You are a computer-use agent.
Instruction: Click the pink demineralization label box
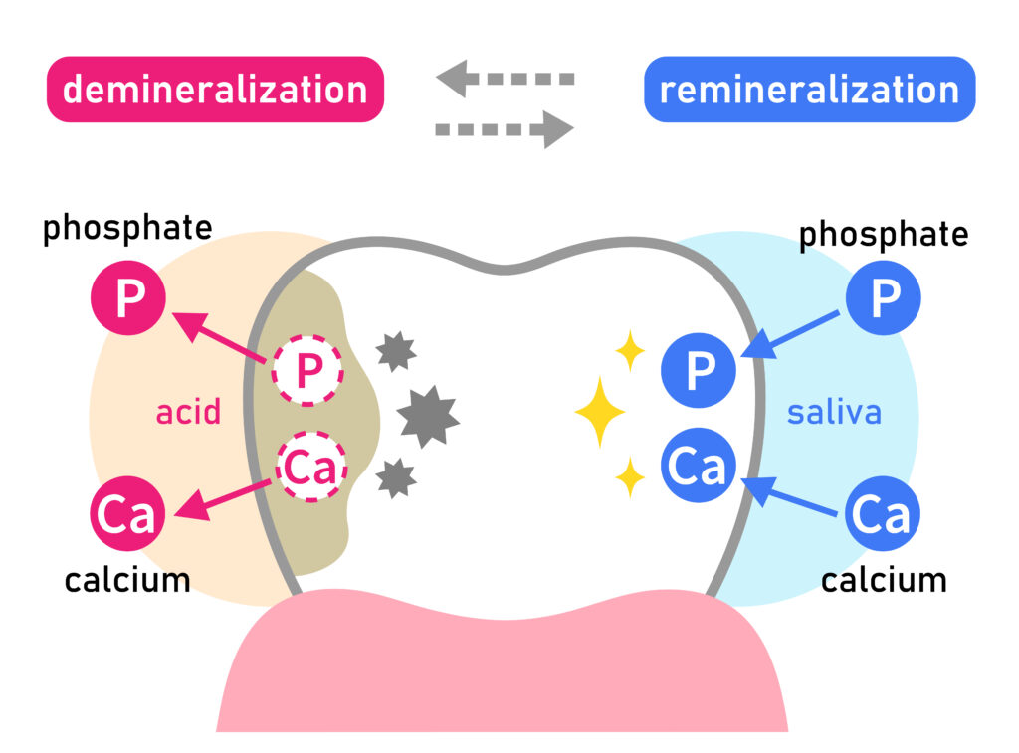pyautogui.click(x=215, y=90)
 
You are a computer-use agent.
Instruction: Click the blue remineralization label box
pyautogui.click(x=809, y=90)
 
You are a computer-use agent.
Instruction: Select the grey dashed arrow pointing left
pyautogui.click(x=505, y=78)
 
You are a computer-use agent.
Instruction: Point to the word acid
pyautogui.click(x=188, y=411)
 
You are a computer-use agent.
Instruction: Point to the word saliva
pyautogui.click(x=834, y=411)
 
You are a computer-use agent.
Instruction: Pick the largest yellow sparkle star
pyautogui.click(x=599, y=411)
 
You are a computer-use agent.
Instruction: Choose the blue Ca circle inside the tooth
pyautogui.click(x=700, y=467)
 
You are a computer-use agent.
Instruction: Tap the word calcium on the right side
pyautogui.click(x=883, y=579)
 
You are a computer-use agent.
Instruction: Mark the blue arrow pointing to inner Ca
pyautogui.click(x=796, y=498)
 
